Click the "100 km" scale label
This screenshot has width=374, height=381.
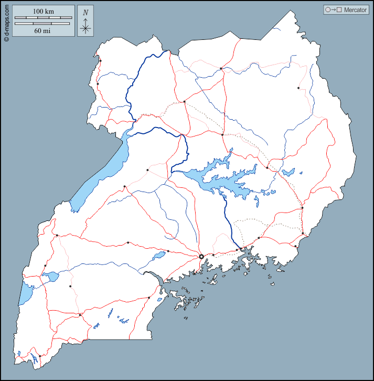pos(42,11)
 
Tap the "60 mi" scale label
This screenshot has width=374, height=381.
pos(42,30)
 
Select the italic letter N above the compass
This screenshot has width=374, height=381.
pos(86,12)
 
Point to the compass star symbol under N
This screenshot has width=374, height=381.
pos(86,27)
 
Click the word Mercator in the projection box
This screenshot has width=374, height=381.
pos(355,10)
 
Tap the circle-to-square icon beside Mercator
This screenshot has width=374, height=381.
pos(334,10)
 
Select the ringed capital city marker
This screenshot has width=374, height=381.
pos(201,257)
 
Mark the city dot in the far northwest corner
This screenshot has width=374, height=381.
pos(100,61)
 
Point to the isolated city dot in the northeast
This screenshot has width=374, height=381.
pos(298,88)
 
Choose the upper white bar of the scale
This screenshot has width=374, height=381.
pos(42,18)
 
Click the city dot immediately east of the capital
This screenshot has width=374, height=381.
pos(213,255)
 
